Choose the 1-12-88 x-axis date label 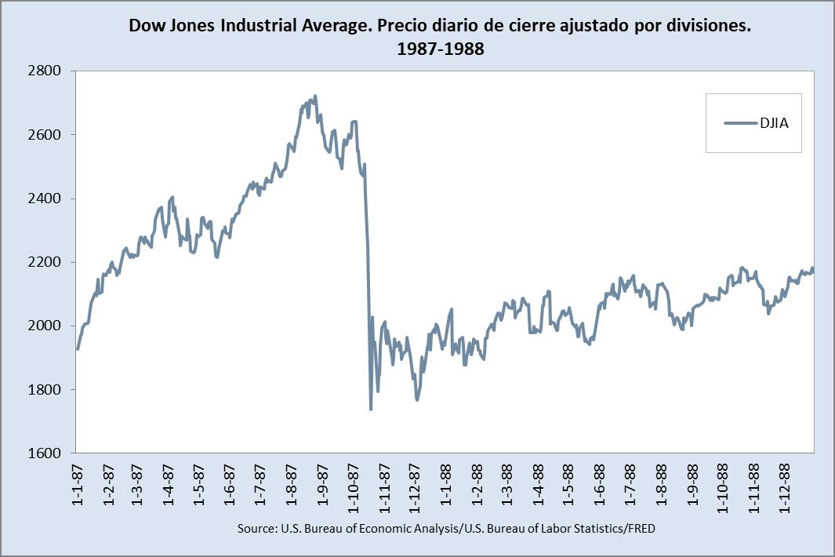point(783,487)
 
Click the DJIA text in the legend point(774,122)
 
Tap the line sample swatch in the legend point(738,122)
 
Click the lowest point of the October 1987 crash point(370,409)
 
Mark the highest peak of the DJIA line point(315,96)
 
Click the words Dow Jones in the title point(172,27)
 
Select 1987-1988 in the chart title point(440,49)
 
